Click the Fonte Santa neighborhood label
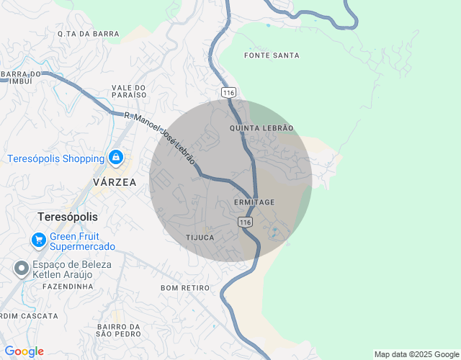[x=272, y=55]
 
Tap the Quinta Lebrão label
[x=261, y=127]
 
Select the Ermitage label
[x=254, y=202]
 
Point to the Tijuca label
[x=200, y=237]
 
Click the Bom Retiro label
[x=185, y=288]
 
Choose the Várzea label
[x=115, y=182]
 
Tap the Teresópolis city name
[x=68, y=217]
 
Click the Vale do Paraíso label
[x=129, y=91]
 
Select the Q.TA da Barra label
[x=88, y=34]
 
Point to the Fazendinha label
[x=68, y=287]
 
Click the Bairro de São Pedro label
[x=117, y=330]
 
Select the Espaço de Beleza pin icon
[x=22, y=269]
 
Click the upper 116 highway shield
[x=229, y=93]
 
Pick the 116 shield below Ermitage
[x=246, y=223]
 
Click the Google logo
[x=24, y=351]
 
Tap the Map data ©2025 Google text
[x=416, y=354]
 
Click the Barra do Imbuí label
[x=22, y=77]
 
